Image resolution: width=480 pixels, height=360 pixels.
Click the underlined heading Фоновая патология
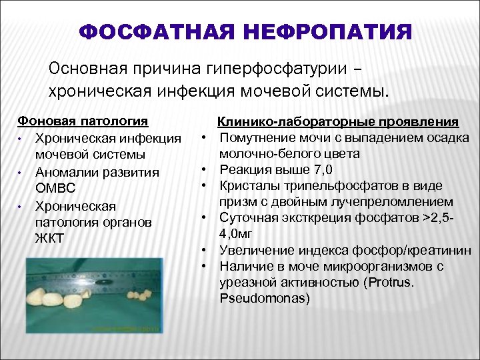pos(83,122)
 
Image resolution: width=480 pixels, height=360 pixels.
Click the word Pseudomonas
pos(265,298)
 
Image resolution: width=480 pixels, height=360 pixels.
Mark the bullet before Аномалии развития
pos(21,173)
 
